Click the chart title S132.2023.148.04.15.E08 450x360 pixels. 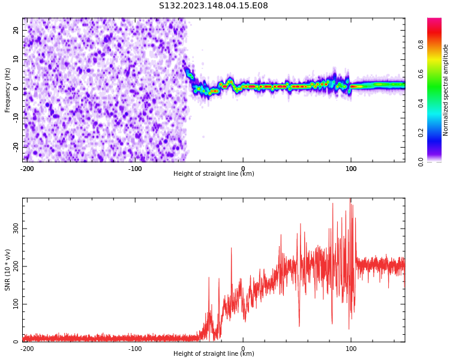click(x=214, y=6)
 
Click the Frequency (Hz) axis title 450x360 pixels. click(x=8, y=90)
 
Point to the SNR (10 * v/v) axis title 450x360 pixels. click(x=8, y=270)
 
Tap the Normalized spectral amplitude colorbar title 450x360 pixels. click(x=446, y=90)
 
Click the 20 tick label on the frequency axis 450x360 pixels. click(x=16, y=30)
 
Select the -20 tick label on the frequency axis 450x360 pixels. click(x=15, y=146)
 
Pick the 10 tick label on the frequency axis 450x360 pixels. click(x=16, y=59)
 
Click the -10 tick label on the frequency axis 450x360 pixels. click(x=15, y=117)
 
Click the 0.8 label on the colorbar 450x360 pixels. click(x=421, y=44)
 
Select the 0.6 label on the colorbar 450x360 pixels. click(x=421, y=74)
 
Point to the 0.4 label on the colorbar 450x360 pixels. click(x=421, y=103)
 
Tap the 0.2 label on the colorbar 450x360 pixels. click(x=421, y=133)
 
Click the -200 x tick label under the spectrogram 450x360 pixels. click(x=27, y=169)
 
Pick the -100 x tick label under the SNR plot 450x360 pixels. click(x=135, y=349)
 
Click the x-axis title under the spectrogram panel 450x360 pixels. click(x=214, y=174)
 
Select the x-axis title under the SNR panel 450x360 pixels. click(x=214, y=354)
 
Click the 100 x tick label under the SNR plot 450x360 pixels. click(x=351, y=349)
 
